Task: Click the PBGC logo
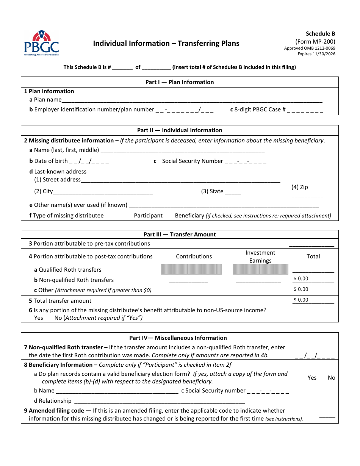click(x=42, y=43)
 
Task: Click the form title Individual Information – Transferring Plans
click(x=166, y=44)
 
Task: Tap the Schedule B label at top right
click(x=320, y=34)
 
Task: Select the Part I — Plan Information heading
click(x=180, y=82)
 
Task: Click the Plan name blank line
click(x=192, y=100)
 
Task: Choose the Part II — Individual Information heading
click(x=180, y=130)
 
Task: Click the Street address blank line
click(x=180, y=180)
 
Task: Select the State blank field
click(x=233, y=192)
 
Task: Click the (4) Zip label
click(x=299, y=187)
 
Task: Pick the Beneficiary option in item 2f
click(x=189, y=216)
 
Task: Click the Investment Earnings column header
click(x=260, y=256)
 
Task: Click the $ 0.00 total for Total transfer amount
click(x=313, y=300)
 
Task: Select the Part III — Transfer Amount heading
click(x=180, y=235)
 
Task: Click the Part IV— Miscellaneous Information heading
click(x=178, y=338)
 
